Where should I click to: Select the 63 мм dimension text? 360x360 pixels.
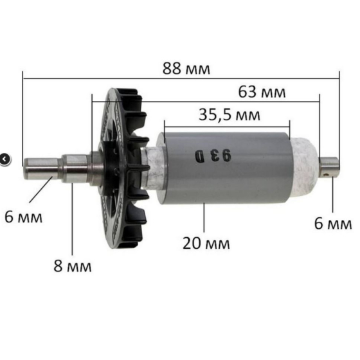pos(262,91)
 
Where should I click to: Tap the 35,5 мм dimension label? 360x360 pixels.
pos(230,115)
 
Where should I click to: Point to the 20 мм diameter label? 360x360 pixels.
pos(205,243)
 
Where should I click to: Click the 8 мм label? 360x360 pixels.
pos(71,265)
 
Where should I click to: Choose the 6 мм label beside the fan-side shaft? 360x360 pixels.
pos(24,217)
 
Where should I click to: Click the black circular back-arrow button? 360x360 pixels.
pos(4,157)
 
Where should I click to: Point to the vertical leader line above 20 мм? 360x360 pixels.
pos(204,219)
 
